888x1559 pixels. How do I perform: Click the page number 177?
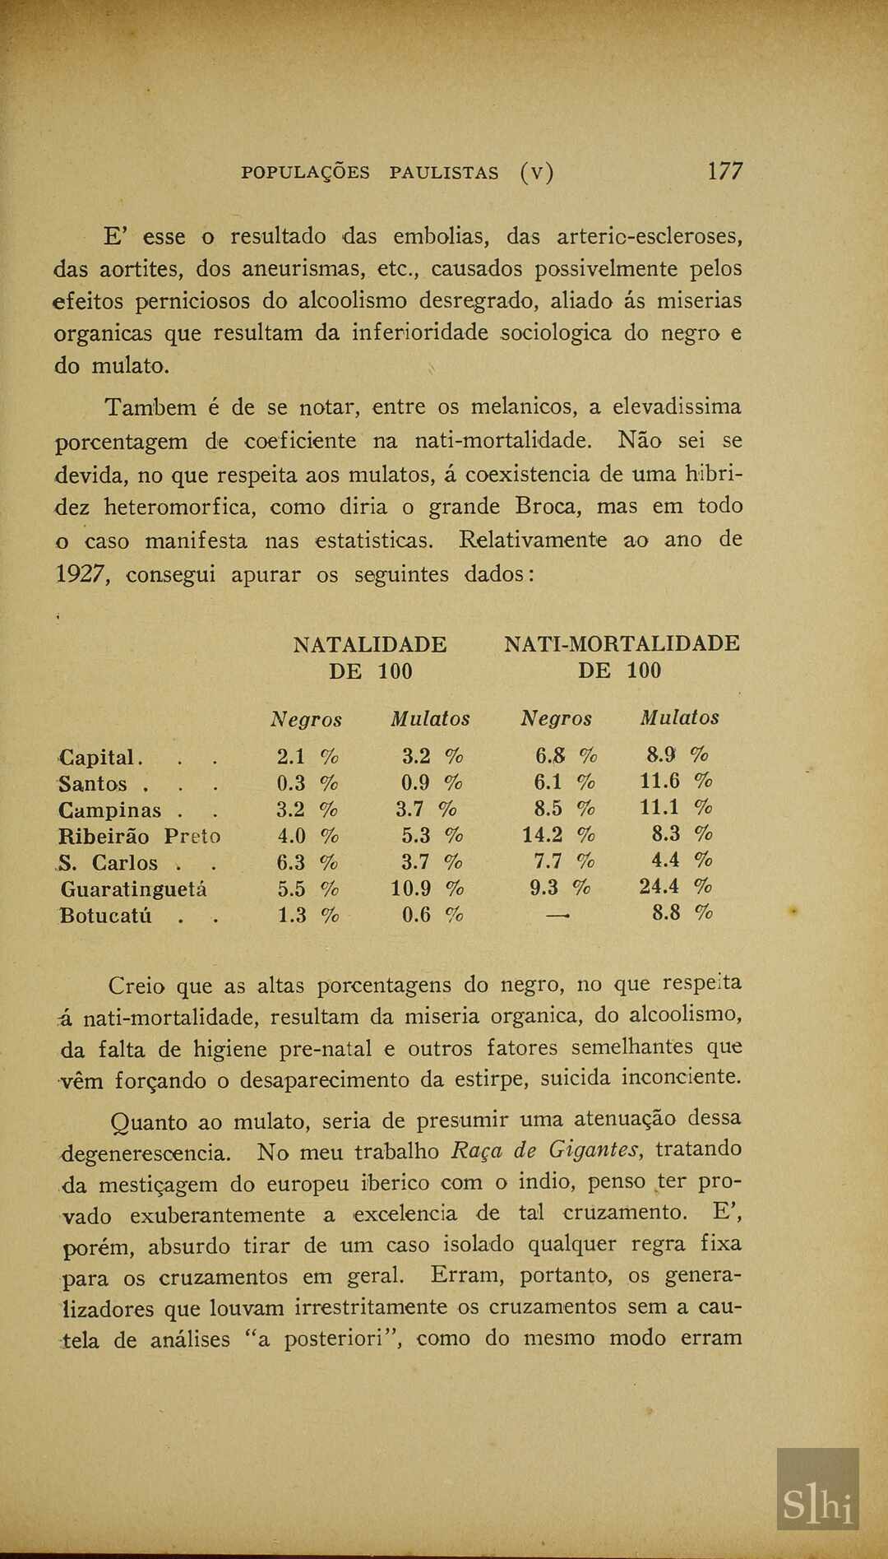tap(724, 171)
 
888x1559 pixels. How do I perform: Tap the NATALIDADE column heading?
tap(370, 644)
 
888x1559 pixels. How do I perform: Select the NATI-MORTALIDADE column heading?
tap(621, 644)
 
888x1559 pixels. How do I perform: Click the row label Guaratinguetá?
tap(133, 889)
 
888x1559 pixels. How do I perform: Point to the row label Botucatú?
tap(105, 916)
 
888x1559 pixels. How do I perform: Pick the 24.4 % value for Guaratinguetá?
tap(675, 887)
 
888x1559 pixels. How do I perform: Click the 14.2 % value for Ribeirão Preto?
tap(558, 835)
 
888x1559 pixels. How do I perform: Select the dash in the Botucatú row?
tap(557, 914)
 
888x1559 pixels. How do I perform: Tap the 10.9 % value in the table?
tap(427, 889)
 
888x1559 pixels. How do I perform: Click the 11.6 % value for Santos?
tap(676, 781)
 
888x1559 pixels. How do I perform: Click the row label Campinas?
tap(109, 810)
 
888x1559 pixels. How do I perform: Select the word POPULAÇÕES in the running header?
tap(305, 173)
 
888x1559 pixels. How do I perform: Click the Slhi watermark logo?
tap(817, 1505)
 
